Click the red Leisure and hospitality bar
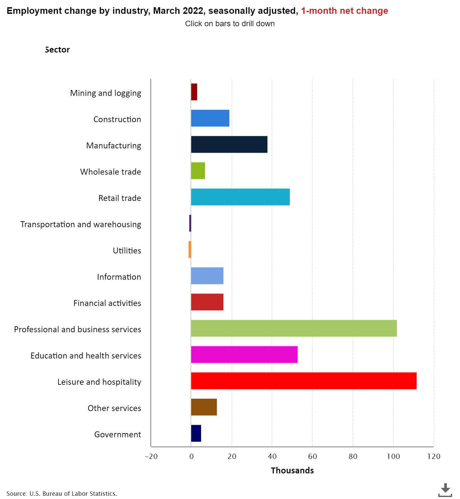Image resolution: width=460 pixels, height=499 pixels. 304,381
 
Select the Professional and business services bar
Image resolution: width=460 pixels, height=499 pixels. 294,328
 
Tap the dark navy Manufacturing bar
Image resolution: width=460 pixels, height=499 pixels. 229,144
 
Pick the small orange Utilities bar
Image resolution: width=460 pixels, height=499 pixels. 190,249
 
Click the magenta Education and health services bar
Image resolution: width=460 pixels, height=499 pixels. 244,355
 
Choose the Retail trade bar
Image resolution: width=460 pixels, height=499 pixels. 240,197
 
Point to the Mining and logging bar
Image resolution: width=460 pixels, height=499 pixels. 194,92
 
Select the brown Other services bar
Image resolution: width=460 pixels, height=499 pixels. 204,407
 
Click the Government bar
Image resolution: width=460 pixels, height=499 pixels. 196,433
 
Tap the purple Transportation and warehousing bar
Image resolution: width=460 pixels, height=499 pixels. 190,223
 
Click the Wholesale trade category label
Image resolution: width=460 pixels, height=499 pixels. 110,172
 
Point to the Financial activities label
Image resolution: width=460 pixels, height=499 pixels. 107,303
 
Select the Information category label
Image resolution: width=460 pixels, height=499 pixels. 119,277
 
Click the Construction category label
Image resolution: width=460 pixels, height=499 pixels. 117,119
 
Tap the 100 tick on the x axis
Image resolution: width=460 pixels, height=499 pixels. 393,456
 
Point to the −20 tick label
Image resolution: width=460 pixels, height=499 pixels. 151,456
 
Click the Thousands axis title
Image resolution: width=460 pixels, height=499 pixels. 292,470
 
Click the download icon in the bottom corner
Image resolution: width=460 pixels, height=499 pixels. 445,490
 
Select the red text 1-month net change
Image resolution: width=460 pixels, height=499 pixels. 344,11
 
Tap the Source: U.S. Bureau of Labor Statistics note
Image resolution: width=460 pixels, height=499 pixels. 62,493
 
